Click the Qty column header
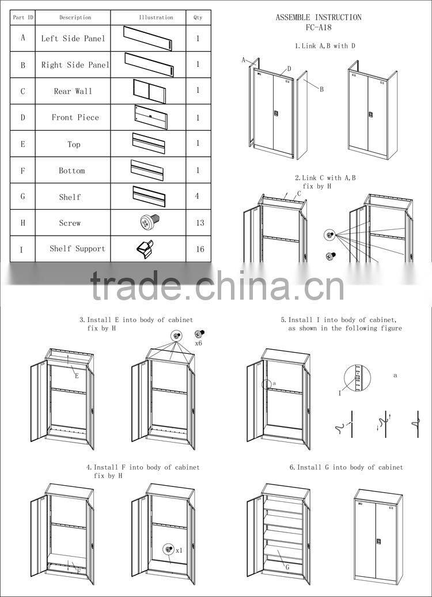point(198,17)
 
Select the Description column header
point(75,17)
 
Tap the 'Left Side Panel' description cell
point(73,39)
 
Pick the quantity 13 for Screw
point(200,223)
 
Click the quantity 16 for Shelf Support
point(200,250)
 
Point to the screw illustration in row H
point(149,222)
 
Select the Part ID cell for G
point(23,197)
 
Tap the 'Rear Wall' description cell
point(73,91)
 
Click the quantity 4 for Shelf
point(198,197)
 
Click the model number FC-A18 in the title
point(319,27)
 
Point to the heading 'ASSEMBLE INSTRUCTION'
point(319,17)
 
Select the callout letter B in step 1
point(321,89)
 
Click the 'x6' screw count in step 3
point(199,343)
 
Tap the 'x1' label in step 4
point(179,550)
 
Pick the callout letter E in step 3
point(76,376)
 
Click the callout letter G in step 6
point(287,568)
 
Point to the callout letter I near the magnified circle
point(340,393)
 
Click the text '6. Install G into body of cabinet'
point(346,467)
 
